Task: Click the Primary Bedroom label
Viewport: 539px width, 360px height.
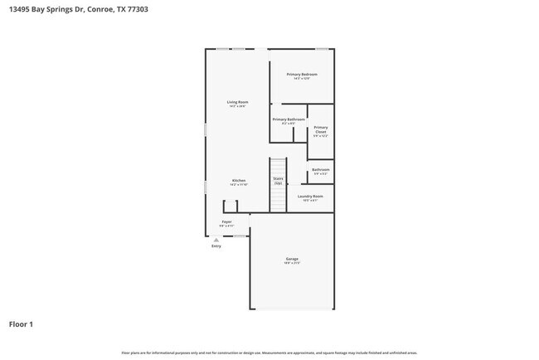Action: (x=302, y=75)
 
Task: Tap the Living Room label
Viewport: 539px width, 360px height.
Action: (x=238, y=102)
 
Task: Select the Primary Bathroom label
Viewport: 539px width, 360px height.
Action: (x=289, y=119)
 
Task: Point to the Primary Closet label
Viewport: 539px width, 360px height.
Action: (x=321, y=129)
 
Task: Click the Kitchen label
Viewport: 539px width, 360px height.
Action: (x=238, y=180)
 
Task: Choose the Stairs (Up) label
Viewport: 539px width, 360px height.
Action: (x=278, y=179)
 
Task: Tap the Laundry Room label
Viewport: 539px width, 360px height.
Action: (x=311, y=197)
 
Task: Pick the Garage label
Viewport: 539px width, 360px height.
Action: (x=292, y=259)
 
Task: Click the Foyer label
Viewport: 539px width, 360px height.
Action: (x=226, y=221)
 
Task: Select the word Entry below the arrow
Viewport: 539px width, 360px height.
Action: (x=216, y=246)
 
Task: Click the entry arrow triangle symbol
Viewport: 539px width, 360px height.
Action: (x=216, y=240)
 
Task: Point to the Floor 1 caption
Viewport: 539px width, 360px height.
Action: (x=21, y=324)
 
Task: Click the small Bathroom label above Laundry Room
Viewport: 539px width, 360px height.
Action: (x=320, y=170)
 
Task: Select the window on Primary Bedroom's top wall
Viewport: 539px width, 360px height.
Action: (x=322, y=49)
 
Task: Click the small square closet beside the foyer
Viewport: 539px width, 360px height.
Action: (x=230, y=207)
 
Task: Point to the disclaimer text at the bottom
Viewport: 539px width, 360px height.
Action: (x=269, y=353)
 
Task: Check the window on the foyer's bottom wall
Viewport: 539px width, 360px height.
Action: (x=239, y=236)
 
